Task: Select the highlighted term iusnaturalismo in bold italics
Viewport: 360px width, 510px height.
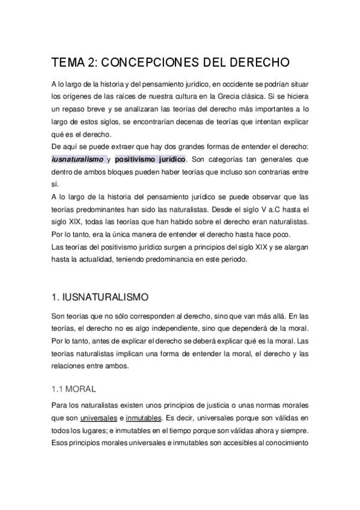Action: [78, 159]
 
